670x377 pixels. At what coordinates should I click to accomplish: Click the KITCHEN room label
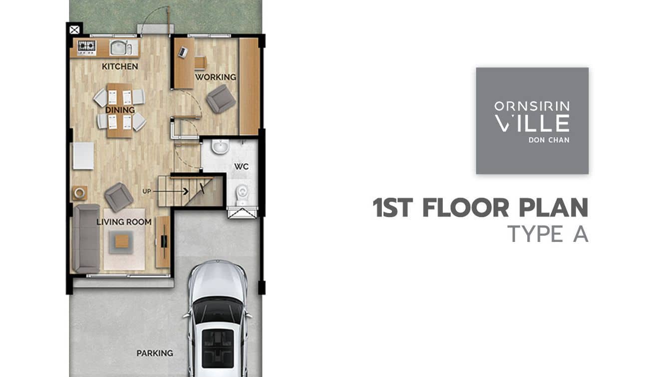[x=120, y=66]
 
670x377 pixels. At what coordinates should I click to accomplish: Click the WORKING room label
[x=216, y=77]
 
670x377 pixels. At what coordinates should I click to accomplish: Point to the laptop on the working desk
[x=183, y=52]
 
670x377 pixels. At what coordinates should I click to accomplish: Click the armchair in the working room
[x=221, y=99]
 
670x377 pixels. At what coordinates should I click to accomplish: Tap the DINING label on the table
[x=120, y=110]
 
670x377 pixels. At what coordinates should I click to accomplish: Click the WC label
[x=241, y=166]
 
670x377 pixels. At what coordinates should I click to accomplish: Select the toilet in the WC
[x=242, y=193]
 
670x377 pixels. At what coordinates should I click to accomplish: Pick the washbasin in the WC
[x=221, y=146]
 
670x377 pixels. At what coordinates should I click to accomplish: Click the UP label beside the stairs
[x=147, y=191]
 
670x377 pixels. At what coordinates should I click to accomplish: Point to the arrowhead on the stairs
[x=186, y=191]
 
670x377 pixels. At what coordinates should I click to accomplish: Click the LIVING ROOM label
[x=124, y=222]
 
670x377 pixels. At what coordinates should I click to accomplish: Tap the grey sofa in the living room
[x=86, y=238]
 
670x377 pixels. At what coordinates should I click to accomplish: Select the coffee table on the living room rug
[x=122, y=241]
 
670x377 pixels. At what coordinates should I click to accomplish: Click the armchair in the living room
[x=119, y=197]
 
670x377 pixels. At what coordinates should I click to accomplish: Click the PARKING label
[x=155, y=353]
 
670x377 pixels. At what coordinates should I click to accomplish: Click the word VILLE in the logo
[x=532, y=123]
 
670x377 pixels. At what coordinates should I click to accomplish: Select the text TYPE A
[x=548, y=234]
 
